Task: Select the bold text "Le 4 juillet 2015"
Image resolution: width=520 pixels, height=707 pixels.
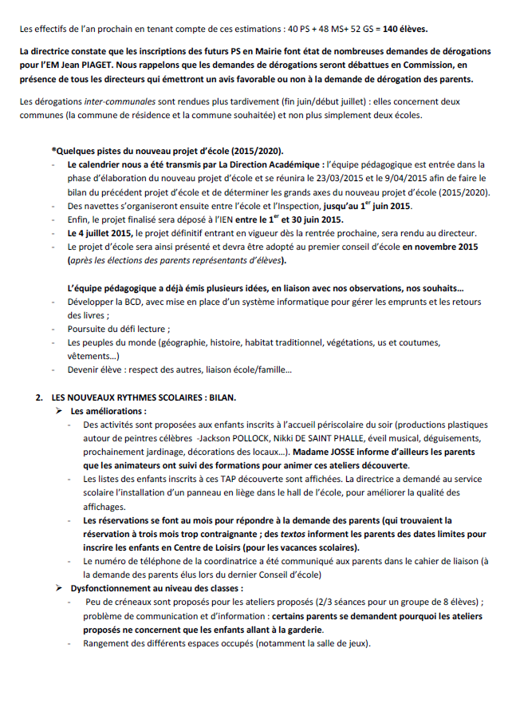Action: click(100, 232)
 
